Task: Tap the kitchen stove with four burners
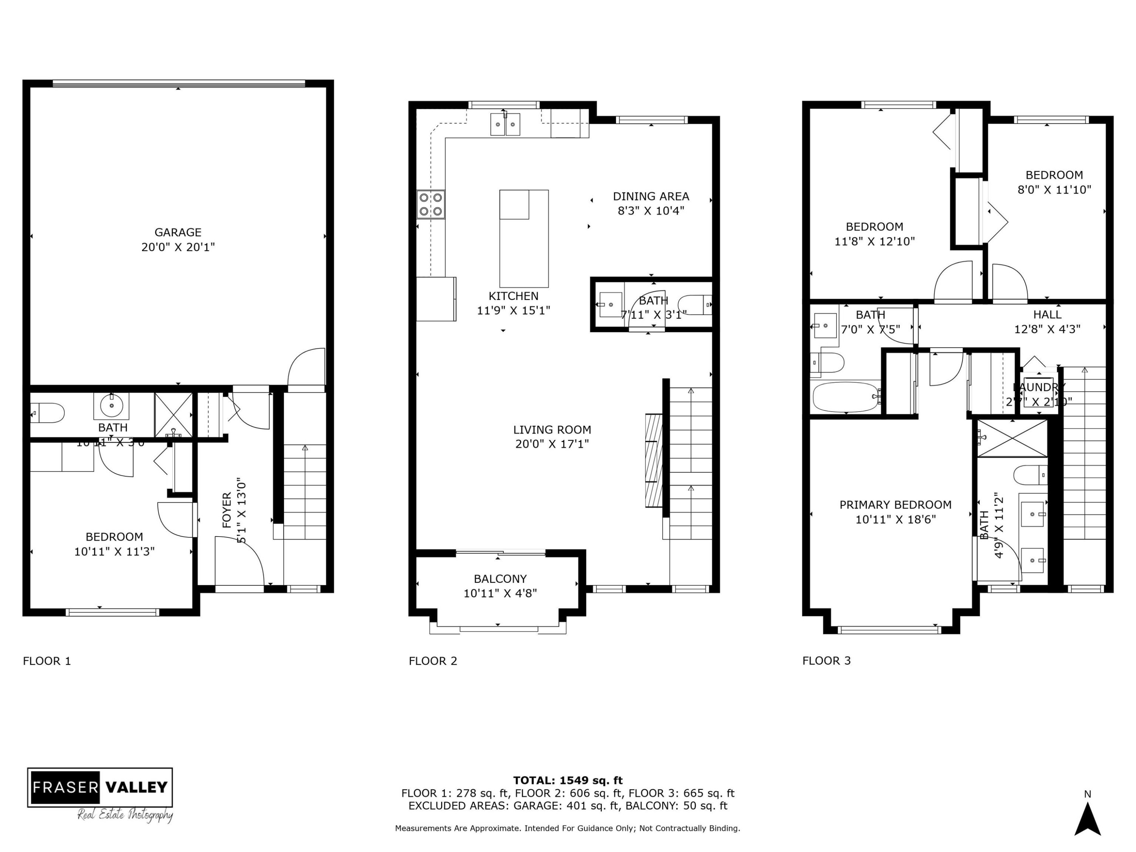(x=431, y=204)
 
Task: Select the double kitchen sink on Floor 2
(x=506, y=124)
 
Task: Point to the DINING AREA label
(x=651, y=196)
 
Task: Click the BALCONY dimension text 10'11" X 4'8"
(x=500, y=593)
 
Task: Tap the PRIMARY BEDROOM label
(x=895, y=505)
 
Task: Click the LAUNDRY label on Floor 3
(x=1038, y=387)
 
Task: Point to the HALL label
(x=1047, y=314)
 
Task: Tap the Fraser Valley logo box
(x=100, y=787)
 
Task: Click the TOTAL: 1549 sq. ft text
(x=568, y=780)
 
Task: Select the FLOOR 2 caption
(x=432, y=661)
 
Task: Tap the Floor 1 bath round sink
(x=111, y=406)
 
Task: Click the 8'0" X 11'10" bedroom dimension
(x=1054, y=189)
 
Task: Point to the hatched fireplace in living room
(x=654, y=461)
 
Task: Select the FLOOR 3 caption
(x=826, y=660)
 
